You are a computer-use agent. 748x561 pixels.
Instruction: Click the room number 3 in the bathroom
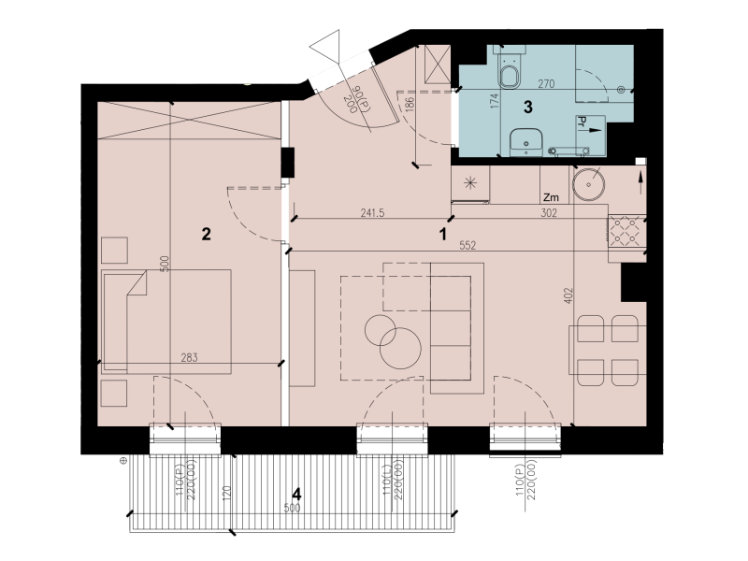(x=527, y=107)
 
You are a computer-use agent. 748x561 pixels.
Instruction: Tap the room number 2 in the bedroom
(x=206, y=234)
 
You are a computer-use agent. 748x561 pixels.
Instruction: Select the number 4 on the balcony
(x=296, y=494)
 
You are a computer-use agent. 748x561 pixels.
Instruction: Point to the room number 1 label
(x=443, y=235)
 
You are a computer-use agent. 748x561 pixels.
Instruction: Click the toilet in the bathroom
(x=509, y=70)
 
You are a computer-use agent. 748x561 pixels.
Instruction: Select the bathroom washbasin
(x=525, y=141)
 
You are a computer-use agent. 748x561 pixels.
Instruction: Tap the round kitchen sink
(x=589, y=184)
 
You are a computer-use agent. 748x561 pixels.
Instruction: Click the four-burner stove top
(x=626, y=229)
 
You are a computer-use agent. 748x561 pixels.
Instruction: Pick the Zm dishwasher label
(x=551, y=197)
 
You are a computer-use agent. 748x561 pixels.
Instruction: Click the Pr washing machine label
(x=582, y=122)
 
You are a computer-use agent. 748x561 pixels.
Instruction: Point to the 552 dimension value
(x=467, y=245)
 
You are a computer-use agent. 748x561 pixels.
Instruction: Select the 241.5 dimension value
(x=372, y=213)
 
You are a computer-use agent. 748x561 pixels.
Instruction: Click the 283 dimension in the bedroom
(x=190, y=357)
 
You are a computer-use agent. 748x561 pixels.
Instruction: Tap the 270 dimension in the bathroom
(x=546, y=84)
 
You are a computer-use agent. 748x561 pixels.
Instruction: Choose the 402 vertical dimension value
(x=568, y=295)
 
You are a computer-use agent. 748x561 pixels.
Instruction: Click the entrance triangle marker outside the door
(x=324, y=44)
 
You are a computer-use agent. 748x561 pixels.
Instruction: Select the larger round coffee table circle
(x=400, y=348)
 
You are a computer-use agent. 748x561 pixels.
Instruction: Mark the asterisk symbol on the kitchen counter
(x=470, y=182)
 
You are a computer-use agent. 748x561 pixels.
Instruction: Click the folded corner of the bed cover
(x=137, y=283)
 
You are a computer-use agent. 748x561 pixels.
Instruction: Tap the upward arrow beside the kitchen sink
(x=640, y=182)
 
